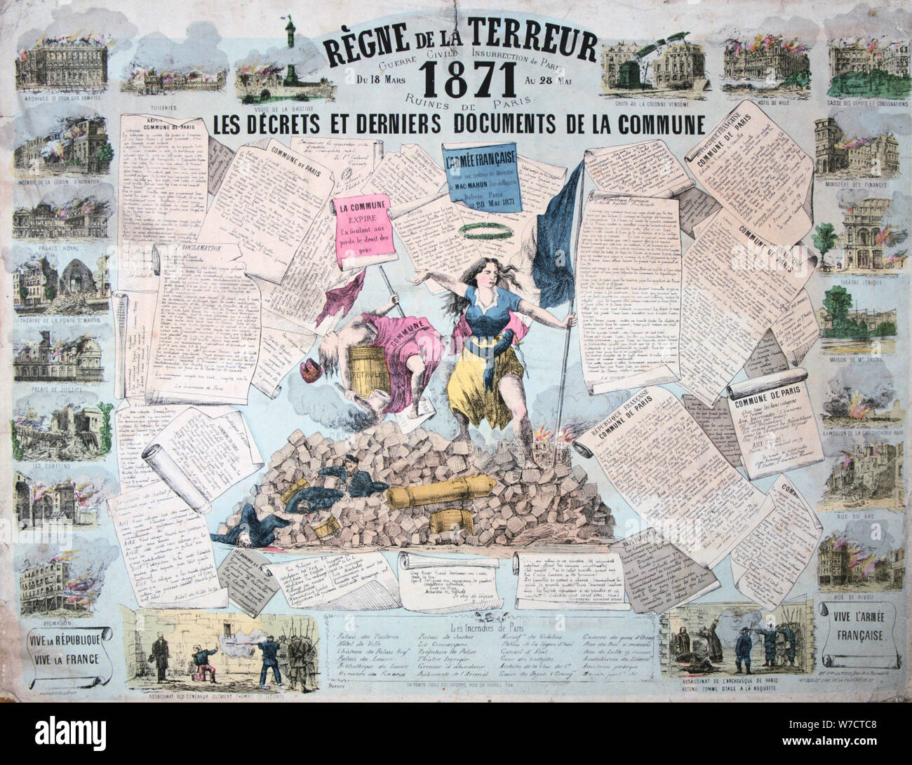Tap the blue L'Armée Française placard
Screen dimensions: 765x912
475,178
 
